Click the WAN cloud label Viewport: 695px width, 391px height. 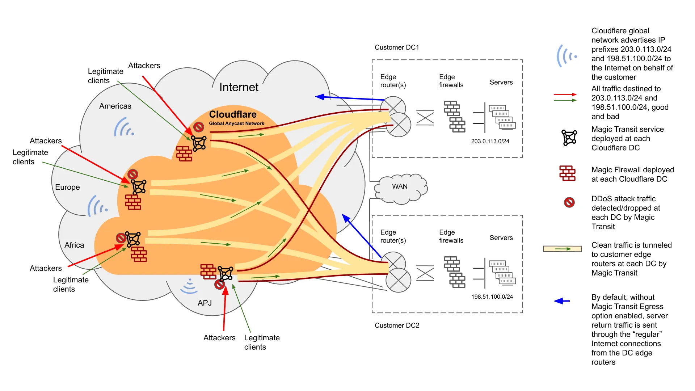tap(400, 186)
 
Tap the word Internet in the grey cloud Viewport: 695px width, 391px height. tap(239, 87)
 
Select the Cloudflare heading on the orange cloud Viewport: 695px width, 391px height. tap(233, 114)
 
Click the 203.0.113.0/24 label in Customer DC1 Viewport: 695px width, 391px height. tap(490, 141)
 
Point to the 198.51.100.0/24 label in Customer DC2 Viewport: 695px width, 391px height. tap(492, 297)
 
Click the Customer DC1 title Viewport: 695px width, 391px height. tap(397, 47)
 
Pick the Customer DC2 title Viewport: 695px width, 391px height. tap(397, 325)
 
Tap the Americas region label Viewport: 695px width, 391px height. tap(115, 106)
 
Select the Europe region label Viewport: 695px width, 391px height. tap(67, 187)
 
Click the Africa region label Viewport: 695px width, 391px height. tap(74, 245)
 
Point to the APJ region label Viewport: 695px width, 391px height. tap(205, 303)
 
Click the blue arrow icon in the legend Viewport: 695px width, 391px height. tap(562, 301)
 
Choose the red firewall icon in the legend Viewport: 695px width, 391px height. tap(567, 173)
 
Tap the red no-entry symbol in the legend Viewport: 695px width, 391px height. tap(569, 202)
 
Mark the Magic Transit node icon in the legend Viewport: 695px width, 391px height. tap(569, 138)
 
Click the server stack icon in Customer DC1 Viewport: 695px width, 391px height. tap(502, 117)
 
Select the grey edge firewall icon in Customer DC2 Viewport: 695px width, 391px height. tap(455, 272)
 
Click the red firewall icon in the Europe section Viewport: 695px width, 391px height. tap(133, 202)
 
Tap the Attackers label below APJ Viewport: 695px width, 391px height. tap(219, 338)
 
